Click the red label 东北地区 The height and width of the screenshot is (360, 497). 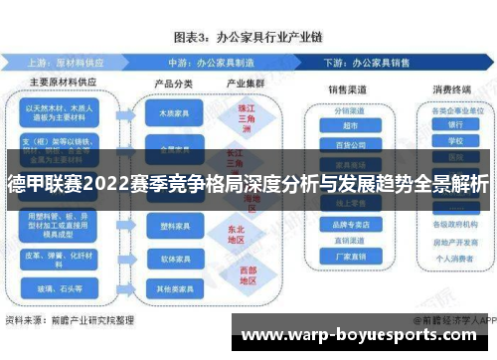pos(236,233)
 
